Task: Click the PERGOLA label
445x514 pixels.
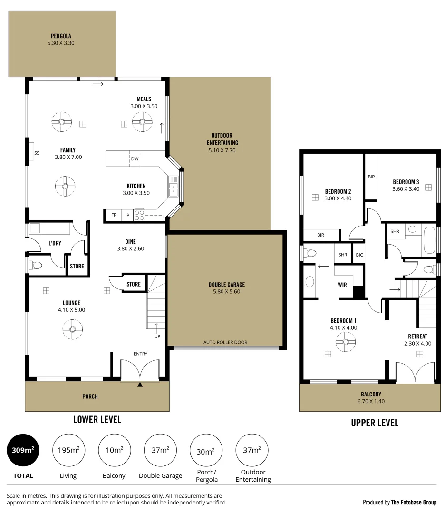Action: click(61, 36)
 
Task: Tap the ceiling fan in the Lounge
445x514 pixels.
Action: click(72, 328)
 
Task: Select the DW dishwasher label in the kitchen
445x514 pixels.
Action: click(135, 159)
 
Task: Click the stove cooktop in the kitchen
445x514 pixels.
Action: click(139, 215)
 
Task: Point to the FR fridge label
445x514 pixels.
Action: click(114, 215)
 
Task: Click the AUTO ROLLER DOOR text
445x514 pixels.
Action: click(225, 342)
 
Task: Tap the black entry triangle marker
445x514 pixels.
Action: click(140, 385)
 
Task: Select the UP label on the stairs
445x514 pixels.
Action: click(156, 336)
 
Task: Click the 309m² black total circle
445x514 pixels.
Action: click(23, 450)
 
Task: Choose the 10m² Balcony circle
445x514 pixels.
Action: click(114, 450)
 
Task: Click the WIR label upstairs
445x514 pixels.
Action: click(342, 285)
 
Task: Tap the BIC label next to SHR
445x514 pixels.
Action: click(359, 255)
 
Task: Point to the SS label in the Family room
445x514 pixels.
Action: click(37, 153)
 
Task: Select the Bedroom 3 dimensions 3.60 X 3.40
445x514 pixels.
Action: click(406, 188)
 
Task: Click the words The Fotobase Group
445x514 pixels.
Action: click(413, 502)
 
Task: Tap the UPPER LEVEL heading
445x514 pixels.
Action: click(375, 423)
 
